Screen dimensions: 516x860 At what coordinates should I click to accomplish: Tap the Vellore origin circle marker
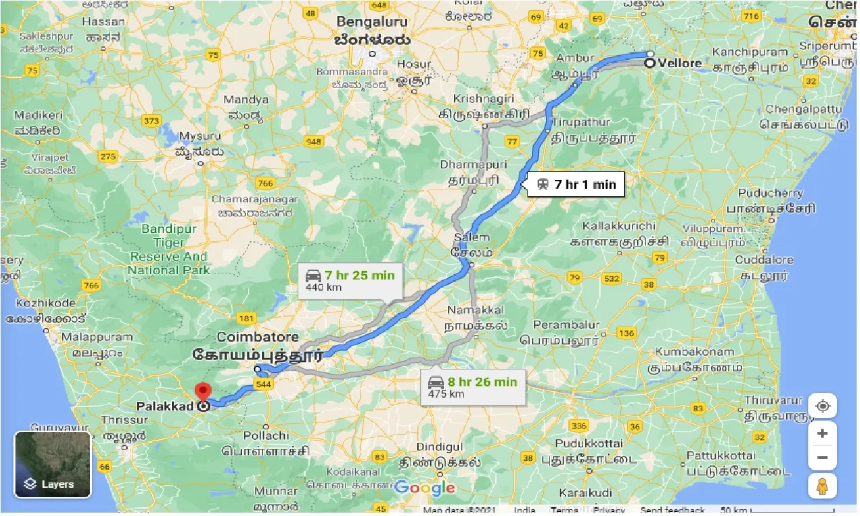[650, 64]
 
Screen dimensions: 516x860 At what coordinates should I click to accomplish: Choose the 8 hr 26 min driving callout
[473, 388]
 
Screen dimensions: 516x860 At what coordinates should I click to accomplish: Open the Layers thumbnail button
[52, 464]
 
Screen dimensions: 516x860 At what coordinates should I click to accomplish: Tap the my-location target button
[822, 406]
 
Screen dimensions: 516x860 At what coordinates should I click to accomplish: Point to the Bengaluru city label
[372, 21]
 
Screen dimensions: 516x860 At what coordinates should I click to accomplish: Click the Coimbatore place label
[258, 337]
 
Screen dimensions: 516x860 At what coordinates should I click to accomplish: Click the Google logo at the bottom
[425, 488]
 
